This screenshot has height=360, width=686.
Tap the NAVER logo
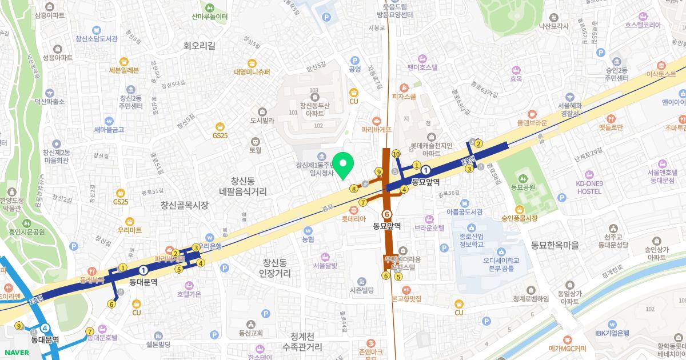pyautogui.click(x=15, y=352)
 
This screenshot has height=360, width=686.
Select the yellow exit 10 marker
pyautogui.click(x=396, y=154)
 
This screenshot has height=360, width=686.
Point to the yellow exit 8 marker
pyautogui.click(x=354, y=189)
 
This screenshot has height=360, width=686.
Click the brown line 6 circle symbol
pyautogui.click(x=388, y=214)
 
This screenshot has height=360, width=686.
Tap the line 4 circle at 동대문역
pyautogui.click(x=45, y=329)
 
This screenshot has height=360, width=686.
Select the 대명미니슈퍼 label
pyautogui.click(x=252, y=72)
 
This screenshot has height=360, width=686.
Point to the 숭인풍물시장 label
pyautogui.click(x=520, y=218)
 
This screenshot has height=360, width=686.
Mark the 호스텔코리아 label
pyautogui.click(x=643, y=25)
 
